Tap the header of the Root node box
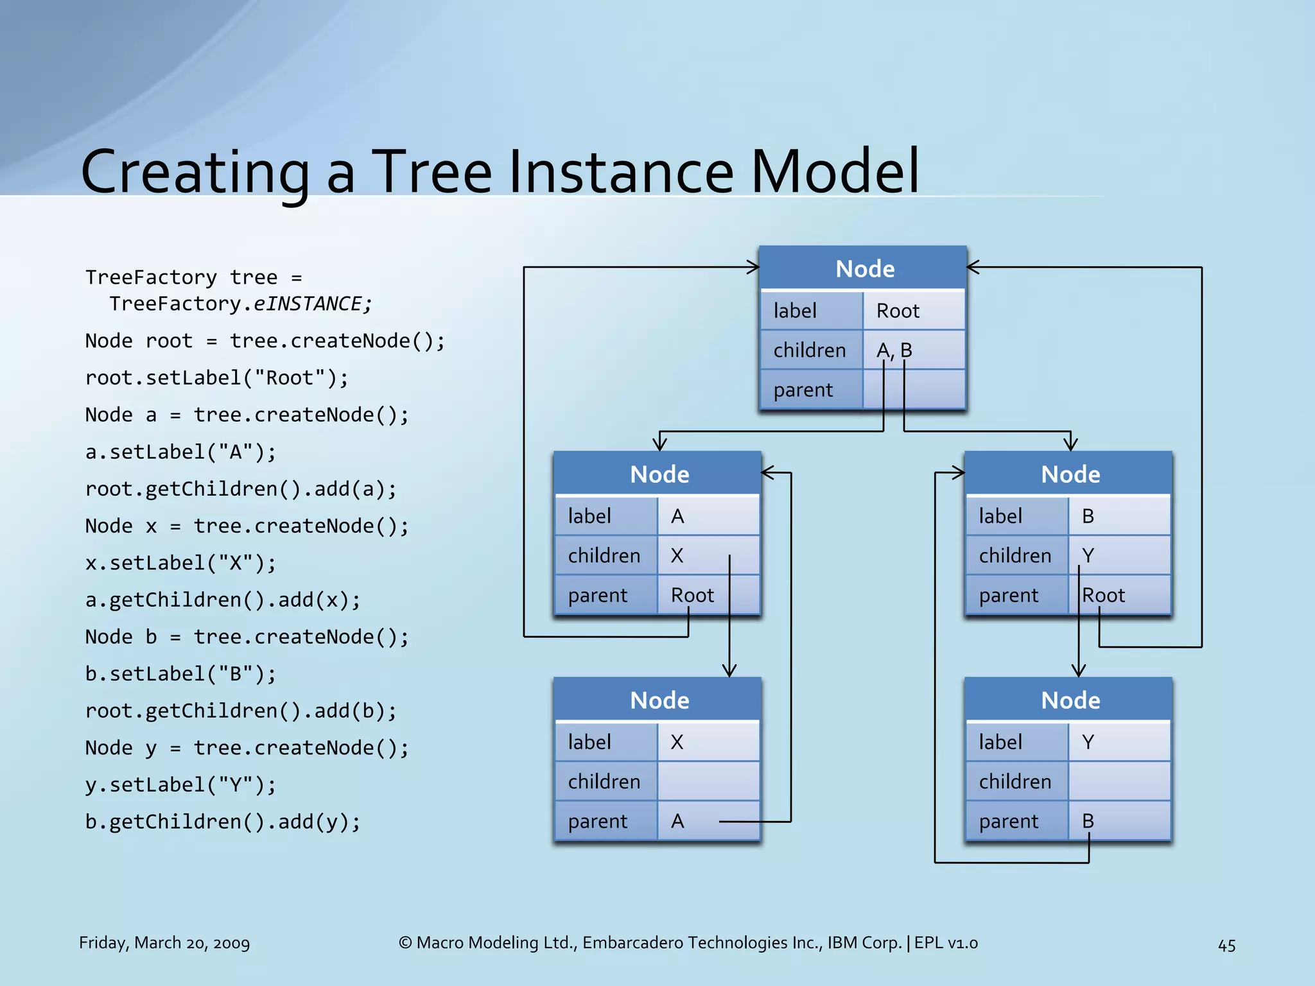[x=864, y=268]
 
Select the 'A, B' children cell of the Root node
[x=913, y=350]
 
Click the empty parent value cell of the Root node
[x=913, y=390]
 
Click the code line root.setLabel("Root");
[x=216, y=377]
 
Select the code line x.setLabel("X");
[x=180, y=563]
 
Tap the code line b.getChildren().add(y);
[x=223, y=822]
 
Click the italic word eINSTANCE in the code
[x=307, y=304]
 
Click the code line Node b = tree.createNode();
[x=247, y=637]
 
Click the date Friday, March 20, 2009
[x=164, y=943]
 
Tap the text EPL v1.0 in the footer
[x=946, y=943]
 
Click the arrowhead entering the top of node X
[x=729, y=670]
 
